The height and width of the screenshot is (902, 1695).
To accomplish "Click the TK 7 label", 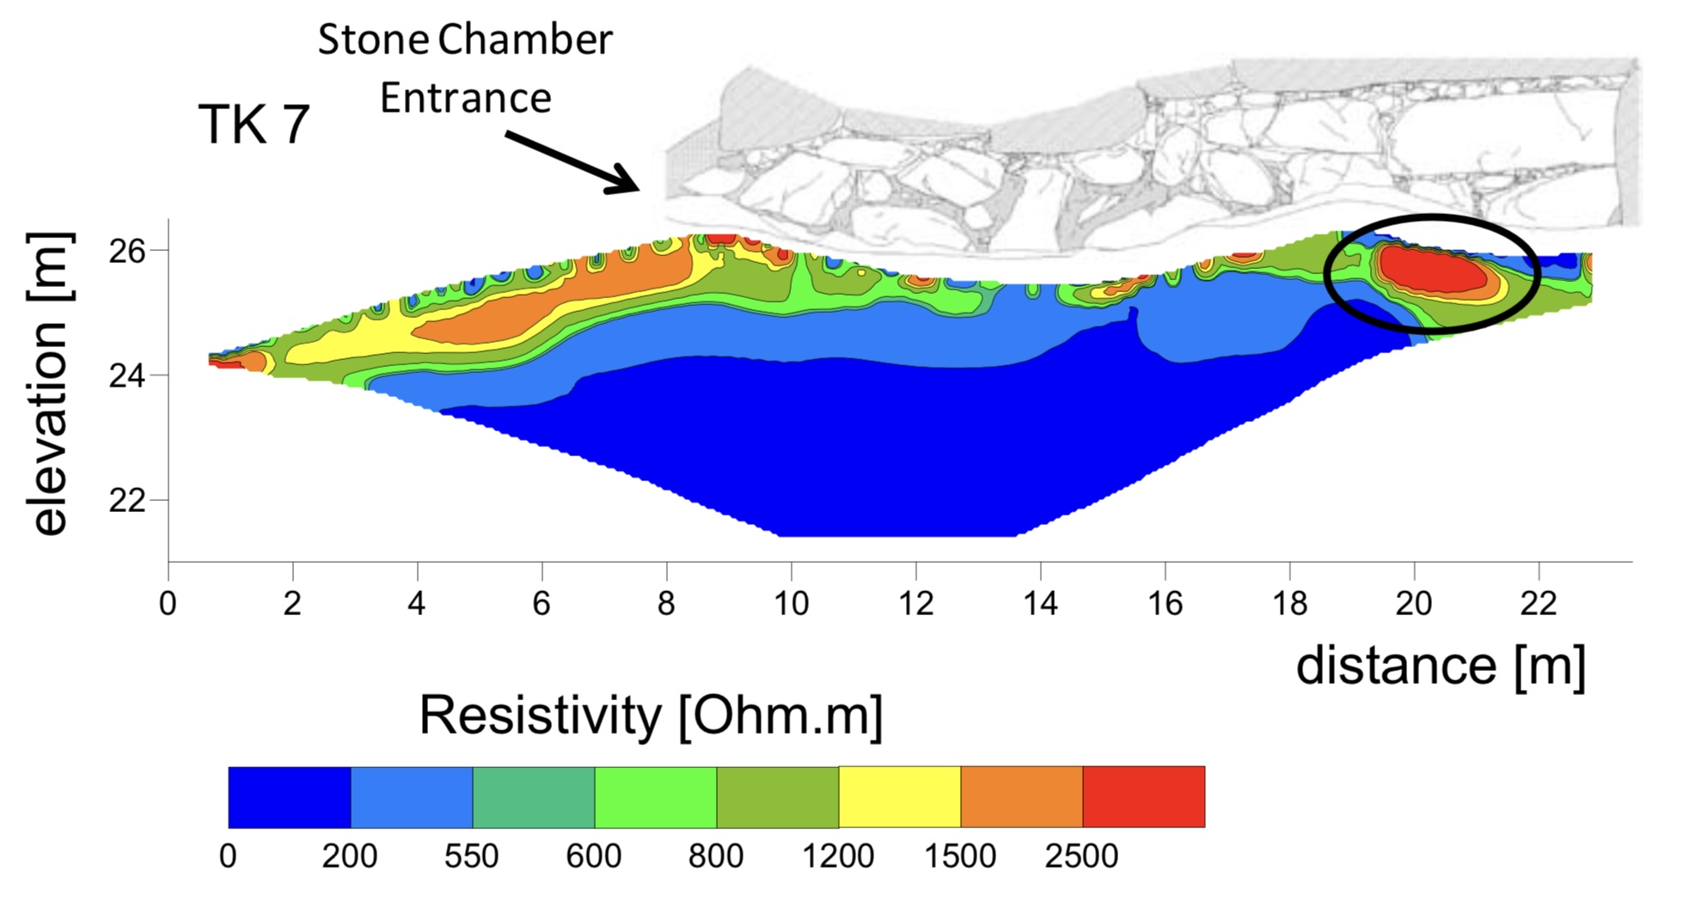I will pos(254,125).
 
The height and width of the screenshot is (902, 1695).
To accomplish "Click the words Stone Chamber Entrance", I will pos(465,69).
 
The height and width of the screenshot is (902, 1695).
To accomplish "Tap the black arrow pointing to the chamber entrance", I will pos(572,162).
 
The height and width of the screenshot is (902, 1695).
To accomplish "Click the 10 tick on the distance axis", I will pos(791,603).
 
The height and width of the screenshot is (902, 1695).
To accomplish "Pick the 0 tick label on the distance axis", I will pos(168,603).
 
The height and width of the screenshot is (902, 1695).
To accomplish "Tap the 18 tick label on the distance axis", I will pos(1289,603).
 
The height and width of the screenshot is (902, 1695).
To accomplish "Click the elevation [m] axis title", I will pos(50,384).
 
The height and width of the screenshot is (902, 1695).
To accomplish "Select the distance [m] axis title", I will pos(1441,666).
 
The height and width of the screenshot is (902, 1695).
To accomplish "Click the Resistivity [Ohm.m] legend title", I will pos(651,715).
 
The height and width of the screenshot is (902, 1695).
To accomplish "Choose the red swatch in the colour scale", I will pos(1143,797).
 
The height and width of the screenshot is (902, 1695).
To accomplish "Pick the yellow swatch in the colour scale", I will pos(899,797).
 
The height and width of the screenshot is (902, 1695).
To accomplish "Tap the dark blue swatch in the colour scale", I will pos(289,797).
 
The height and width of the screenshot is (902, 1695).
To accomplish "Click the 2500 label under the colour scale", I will pos(1081,856).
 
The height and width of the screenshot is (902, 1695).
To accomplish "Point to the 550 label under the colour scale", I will pos(471,856).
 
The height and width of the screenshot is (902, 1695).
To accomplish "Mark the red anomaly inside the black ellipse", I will pos(1431,271).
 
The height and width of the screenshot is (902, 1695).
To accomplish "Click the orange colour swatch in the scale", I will pos(1021,797).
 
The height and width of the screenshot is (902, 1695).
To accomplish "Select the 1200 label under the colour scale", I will pos(838,856).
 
